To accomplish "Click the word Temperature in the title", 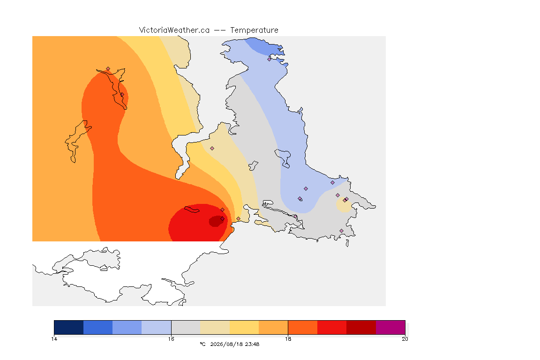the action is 254,30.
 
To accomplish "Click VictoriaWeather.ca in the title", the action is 174,30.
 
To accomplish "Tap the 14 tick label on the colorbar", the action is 54,339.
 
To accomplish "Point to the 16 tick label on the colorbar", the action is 171,339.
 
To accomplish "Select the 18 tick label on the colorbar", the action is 288,339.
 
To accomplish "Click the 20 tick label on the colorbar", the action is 405,339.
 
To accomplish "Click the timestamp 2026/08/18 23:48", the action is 235,344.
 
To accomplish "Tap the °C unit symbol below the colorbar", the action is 202,344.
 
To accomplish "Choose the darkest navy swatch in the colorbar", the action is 69,327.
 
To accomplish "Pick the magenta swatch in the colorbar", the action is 390,327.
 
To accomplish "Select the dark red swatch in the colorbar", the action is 361,327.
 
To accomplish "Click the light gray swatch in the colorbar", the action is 186,327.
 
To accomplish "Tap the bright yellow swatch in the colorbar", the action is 244,327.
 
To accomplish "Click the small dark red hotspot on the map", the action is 216,221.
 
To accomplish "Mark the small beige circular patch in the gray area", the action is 344,205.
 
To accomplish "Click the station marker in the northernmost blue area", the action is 270,59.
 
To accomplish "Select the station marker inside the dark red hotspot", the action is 223,219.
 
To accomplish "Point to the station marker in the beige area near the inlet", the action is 212,149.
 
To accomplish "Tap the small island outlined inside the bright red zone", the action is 192,209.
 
